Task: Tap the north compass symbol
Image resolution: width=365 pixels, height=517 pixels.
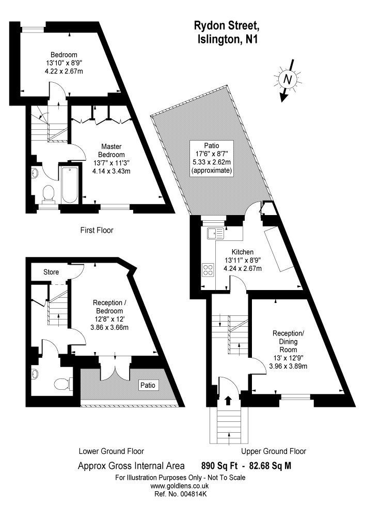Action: point(288,80)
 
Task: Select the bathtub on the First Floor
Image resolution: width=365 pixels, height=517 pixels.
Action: point(69,185)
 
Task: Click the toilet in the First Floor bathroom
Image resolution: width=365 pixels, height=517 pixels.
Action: point(49,193)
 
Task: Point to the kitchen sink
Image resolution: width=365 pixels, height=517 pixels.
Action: point(215,233)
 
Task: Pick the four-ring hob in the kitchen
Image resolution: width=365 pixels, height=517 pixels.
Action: point(208,269)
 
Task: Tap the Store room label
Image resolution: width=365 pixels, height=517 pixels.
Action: point(51,272)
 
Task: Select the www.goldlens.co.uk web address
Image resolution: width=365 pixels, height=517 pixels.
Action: point(179,486)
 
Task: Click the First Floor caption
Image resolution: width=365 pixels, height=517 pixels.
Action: point(97,230)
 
